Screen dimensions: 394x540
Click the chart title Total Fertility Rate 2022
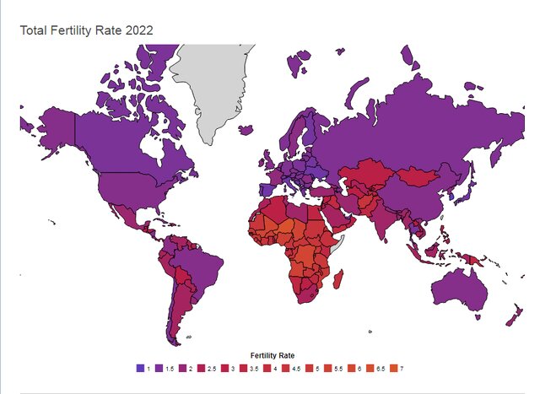[x=87, y=31]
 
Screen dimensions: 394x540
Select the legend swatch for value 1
[x=139, y=368]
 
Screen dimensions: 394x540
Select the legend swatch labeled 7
[x=394, y=368]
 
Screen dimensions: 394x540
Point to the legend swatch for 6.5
[x=372, y=368]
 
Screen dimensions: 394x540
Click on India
[x=388, y=219]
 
